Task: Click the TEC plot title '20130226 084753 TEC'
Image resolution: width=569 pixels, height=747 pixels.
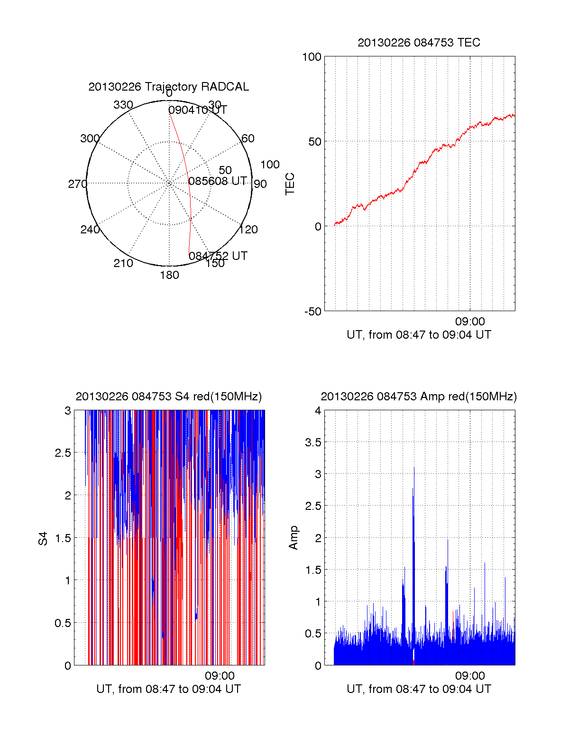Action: (419, 43)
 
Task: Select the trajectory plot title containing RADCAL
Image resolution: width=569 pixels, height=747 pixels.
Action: (168, 87)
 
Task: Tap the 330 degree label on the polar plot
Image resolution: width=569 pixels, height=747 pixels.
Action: (123, 105)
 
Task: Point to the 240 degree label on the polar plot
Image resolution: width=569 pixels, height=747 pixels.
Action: (90, 230)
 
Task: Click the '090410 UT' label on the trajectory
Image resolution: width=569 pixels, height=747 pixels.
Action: (197, 110)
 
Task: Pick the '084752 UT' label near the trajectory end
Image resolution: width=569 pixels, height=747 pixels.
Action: (218, 256)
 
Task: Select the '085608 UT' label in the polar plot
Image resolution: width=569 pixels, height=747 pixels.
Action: (217, 181)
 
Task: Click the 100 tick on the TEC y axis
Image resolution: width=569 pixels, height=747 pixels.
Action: (312, 57)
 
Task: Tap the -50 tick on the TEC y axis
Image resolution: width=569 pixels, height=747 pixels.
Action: (312, 312)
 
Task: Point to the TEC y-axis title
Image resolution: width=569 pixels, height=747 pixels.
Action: (290, 184)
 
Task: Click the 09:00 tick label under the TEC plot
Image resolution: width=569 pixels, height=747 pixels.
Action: (469, 322)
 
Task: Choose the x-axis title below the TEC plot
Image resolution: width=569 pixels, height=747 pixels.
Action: (419, 335)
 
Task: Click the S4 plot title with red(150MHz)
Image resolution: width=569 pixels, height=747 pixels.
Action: (168, 397)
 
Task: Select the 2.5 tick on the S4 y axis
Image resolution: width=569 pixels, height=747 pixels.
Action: (63, 453)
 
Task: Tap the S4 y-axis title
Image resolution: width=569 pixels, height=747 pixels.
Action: (43, 538)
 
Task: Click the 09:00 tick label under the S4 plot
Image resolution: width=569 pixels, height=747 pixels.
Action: (219, 676)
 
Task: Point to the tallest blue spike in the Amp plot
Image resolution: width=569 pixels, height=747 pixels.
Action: (414, 470)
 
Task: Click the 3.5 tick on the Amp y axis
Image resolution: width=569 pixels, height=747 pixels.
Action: (313, 443)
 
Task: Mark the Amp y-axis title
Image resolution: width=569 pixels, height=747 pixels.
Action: (294, 538)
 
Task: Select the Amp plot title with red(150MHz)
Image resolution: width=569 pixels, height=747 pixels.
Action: (419, 397)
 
